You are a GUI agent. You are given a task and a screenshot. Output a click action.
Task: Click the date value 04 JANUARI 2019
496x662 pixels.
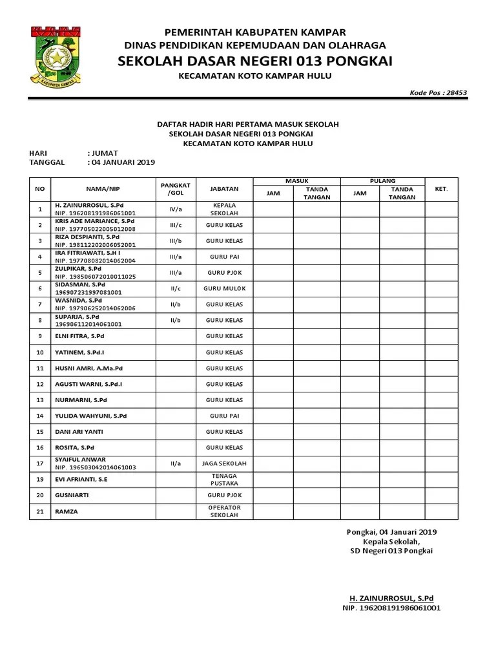pyautogui.click(x=123, y=162)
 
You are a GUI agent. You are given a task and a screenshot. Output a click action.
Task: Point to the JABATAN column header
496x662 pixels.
pyautogui.click(x=224, y=189)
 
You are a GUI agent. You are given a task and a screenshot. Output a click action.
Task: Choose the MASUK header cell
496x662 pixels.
pyautogui.click(x=296, y=181)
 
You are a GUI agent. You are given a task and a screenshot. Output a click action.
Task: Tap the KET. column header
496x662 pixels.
pyautogui.click(x=441, y=189)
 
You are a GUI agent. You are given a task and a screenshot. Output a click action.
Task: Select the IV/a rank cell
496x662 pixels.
pyautogui.click(x=176, y=209)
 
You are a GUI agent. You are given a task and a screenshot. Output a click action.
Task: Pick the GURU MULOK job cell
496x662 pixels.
pyautogui.click(x=224, y=288)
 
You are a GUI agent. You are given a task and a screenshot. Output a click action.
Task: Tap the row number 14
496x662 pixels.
pyautogui.click(x=39, y=416)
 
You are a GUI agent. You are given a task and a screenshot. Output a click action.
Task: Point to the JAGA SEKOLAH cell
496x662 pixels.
pyautogui.click(x=224, y=464)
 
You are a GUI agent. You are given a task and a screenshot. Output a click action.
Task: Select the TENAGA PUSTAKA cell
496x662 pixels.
pyautogui.click(x=224, y=479)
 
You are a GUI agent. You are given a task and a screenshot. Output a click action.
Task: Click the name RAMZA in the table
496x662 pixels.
pyautogui.click(x=67, y=511)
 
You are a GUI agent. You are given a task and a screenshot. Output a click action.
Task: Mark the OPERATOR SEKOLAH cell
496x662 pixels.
pyautogui.click(x=224, y=511)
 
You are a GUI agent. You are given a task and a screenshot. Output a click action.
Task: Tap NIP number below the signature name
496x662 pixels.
pyautogui.click(x=391, y=608)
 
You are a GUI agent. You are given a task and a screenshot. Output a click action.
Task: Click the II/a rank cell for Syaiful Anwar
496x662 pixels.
pyautogui.click(x=176, y=464)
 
